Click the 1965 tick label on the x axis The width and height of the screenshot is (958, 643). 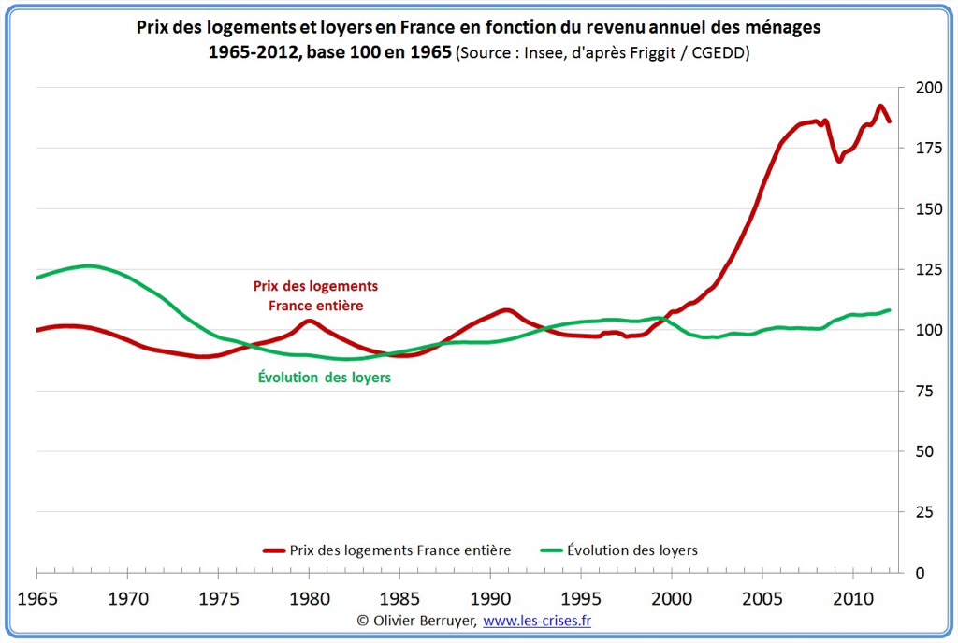click(36, 596)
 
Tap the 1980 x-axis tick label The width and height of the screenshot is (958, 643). click(308, 596)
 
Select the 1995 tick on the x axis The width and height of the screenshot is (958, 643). click(580, 596)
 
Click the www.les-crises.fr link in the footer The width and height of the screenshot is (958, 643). click(537, 620)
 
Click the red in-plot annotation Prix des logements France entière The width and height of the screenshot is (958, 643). click(316, 295)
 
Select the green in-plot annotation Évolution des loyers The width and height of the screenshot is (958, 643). click(324, 378)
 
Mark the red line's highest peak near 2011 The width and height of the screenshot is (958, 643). click(880, 107)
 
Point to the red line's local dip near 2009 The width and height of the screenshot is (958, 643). click(839, 161)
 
